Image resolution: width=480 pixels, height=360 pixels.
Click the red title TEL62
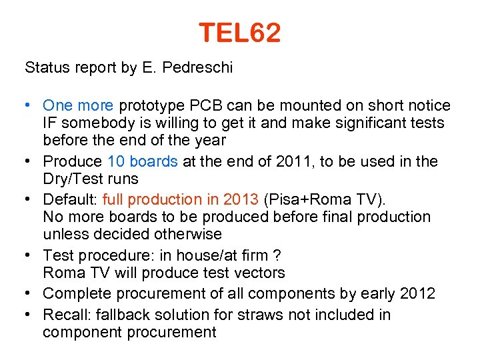(239, 33)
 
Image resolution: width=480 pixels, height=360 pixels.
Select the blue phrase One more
(78, 105)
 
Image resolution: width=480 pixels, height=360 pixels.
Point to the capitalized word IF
(51, 123)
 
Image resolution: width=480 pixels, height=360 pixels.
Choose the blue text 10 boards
(142, 161)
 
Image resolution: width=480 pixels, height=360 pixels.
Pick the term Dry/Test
(72, 179)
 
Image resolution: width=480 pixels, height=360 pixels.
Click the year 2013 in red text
(243, 199)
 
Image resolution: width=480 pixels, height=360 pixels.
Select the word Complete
(75, 293)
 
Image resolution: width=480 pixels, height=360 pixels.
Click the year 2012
(418, 293)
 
